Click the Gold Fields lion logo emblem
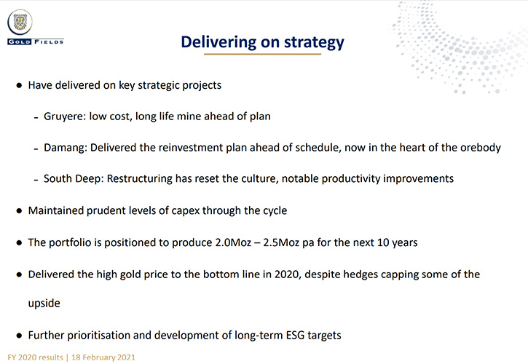(20, 23)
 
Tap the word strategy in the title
(314, 43)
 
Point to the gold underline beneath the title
(263, 54)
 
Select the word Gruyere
(65, 116)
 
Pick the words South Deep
(74, 179)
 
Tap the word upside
(44, 304)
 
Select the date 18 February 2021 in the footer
(103, 357)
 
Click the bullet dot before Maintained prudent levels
(19, 211)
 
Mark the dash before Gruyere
(36, 118)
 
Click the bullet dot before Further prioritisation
(19, 336)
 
